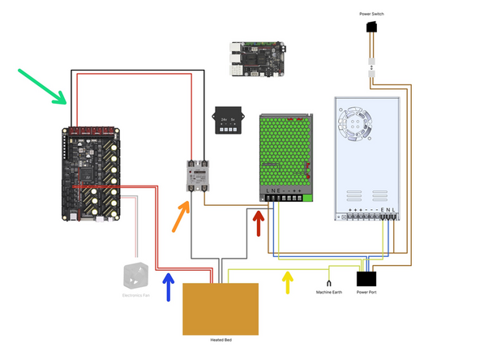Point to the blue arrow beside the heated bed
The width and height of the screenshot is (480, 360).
169,287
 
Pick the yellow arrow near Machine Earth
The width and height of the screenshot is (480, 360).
286,282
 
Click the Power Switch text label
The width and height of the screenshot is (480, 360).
371,14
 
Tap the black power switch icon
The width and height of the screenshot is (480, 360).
371,30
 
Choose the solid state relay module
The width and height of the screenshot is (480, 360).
195,175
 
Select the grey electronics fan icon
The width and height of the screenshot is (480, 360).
134,276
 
